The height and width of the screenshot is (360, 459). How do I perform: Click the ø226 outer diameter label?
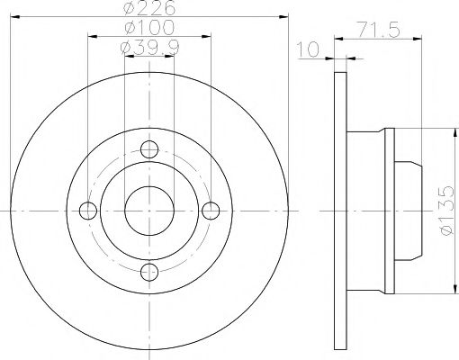point(148,9)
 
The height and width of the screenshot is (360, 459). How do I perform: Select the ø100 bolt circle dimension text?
point(148,30)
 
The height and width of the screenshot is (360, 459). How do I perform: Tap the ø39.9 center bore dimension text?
point(148,49)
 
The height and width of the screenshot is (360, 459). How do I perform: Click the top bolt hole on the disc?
point(149,149)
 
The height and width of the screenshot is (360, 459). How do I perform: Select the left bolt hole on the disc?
point(87,211)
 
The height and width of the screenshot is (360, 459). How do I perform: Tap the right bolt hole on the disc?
point(211,211)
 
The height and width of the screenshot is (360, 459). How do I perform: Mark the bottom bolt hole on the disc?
point(149,272)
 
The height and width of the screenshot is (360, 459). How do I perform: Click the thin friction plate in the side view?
point(340,211)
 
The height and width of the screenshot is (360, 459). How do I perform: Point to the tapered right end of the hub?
point(413,211)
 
